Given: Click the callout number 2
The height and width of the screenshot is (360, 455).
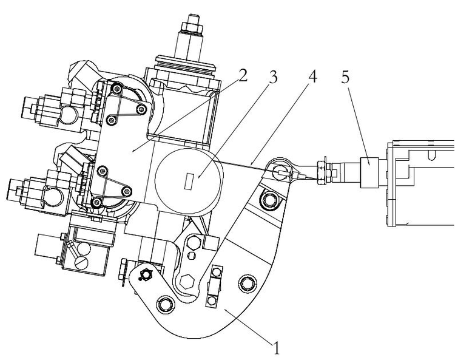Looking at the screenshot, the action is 243,75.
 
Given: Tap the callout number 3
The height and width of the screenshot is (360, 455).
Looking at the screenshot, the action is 273,76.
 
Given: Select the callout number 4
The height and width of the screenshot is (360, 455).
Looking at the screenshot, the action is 312,76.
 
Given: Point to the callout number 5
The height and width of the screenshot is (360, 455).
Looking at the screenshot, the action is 345,76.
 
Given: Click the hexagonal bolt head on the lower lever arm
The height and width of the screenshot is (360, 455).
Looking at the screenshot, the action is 187,281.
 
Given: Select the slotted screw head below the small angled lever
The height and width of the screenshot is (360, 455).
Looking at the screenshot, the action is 81,262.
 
